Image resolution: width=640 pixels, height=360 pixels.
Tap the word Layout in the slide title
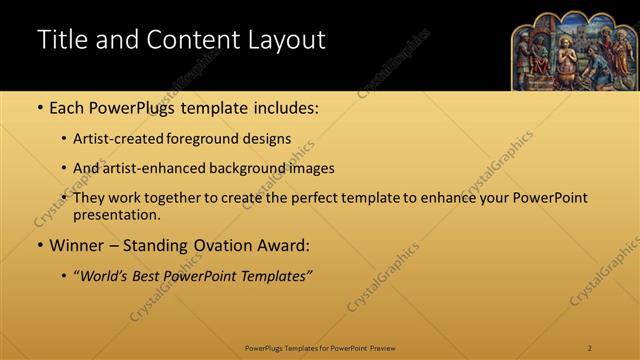tap(284, 40)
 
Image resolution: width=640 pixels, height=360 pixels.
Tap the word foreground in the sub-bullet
tap(200, 139)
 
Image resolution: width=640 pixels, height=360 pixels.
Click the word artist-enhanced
tap(153, 169)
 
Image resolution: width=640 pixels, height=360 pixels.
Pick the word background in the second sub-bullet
tap(255, 169)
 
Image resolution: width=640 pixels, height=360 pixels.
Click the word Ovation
tap(229, 245)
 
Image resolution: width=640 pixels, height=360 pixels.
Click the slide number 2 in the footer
tap(590, 348)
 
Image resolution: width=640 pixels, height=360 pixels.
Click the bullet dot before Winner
tap(39, 245)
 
